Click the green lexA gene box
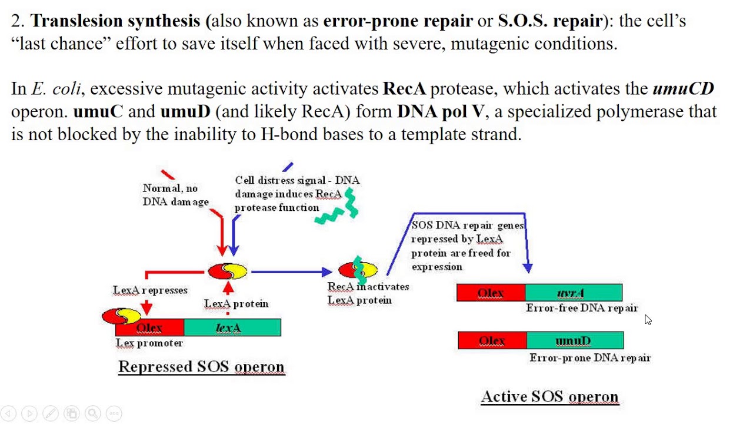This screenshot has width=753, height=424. tap(232, 327)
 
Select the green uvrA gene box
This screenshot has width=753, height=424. tap(574, 293)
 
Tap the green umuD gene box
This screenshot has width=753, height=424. tap(575, 340)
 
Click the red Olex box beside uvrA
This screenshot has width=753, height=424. tap(491, 293)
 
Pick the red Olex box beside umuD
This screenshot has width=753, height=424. tap(492, 340)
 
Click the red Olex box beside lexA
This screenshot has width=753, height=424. tap(150, 327)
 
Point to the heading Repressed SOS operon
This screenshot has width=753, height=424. tap(201, 366)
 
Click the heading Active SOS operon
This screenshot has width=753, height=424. tap(549, 396)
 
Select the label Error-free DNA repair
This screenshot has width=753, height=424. tap(581, 308)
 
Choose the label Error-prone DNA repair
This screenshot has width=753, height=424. tap(589, 357)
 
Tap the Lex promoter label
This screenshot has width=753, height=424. tap(149, 343)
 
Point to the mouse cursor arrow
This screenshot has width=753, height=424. tap(648, 320)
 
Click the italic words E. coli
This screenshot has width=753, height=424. tap(56, 89)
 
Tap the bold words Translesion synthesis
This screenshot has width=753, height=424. tap(115, 21)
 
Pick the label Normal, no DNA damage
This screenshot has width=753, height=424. tap(175, 195)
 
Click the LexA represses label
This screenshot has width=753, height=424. tap(150, 290)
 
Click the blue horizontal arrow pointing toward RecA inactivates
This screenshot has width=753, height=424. tap(291, 271)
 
